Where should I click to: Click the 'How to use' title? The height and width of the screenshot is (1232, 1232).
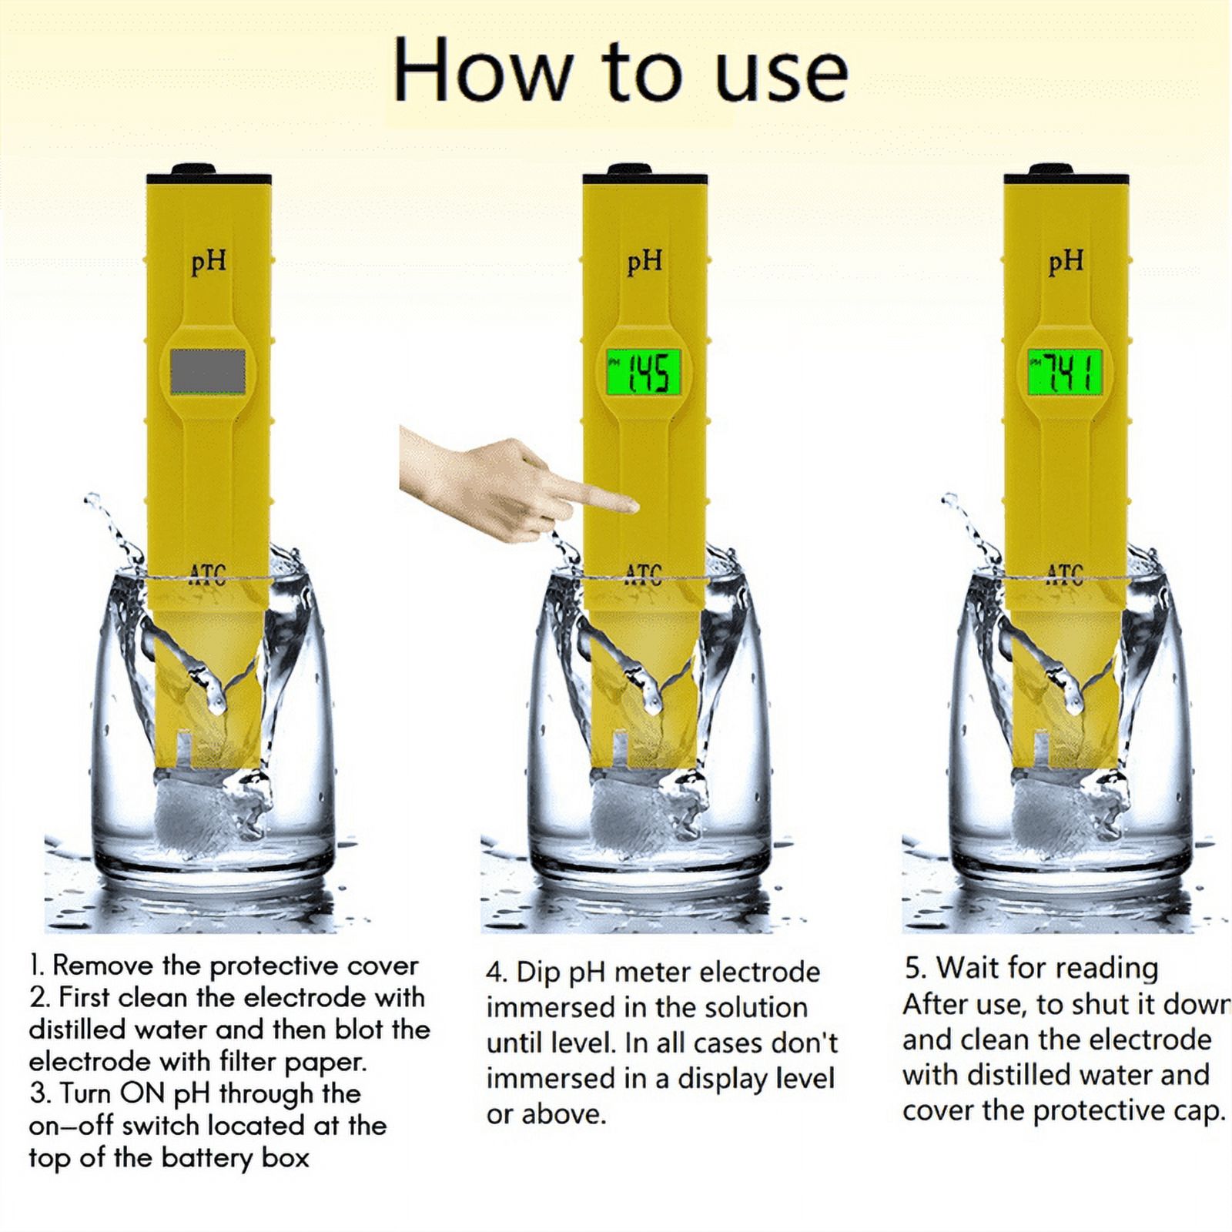621,72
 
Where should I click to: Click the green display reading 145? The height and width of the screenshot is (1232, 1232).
644,372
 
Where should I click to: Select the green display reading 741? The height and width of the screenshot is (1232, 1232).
1065,372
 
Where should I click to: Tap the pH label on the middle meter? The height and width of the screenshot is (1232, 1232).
644,262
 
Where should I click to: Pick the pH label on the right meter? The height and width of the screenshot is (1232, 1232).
1066,262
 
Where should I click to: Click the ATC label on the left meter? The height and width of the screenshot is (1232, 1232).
208,574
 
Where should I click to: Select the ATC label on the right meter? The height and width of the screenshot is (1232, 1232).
1065,574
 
